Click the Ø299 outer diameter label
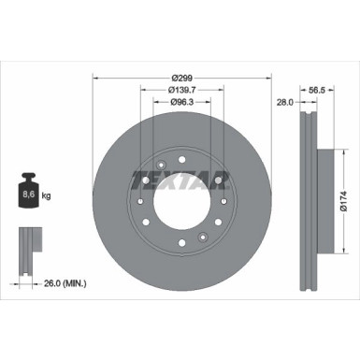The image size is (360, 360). point(180,76)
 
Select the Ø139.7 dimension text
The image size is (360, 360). point(180,90)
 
